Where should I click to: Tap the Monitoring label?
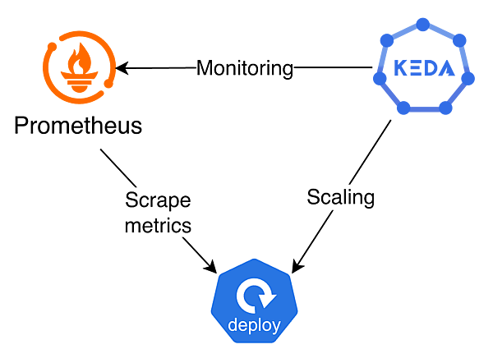click(245, 68)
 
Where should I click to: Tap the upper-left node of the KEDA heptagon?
click(385, 39)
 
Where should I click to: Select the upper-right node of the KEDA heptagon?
click(460, 39)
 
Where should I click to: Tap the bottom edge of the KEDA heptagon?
click(423, 110)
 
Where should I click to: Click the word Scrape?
click(157, 200)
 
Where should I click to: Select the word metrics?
click(158, 224)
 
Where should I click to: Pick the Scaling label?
click(340, 197)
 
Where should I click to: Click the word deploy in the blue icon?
click(254, 324)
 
